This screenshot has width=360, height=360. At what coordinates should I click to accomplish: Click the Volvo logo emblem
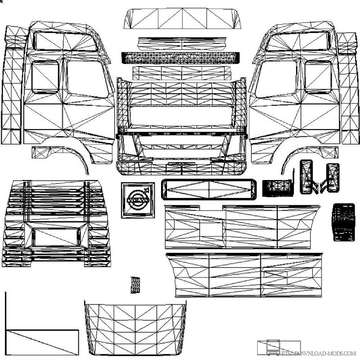point(137,200)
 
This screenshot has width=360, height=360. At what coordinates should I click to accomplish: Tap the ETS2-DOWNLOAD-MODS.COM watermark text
point(319,353)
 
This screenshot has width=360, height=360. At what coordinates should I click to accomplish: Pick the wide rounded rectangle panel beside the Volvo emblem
point(209,189)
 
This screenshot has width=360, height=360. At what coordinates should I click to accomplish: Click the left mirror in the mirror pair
point(308,176)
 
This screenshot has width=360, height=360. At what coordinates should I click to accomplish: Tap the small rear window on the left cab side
point(45,77)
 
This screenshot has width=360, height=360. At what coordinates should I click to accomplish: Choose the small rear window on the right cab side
point(318,77)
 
